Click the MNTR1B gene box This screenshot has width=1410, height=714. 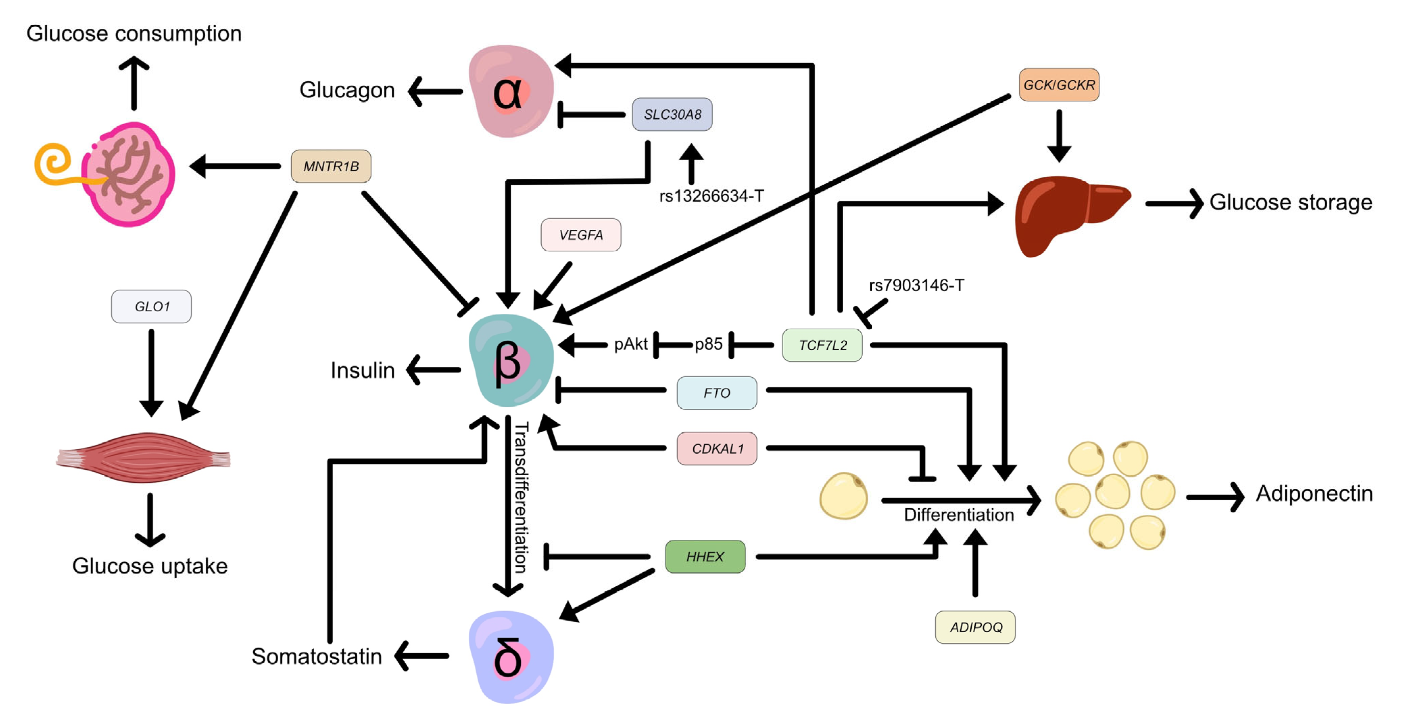click(x=331, y=166)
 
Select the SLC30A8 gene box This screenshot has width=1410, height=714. click(x=672, y=114)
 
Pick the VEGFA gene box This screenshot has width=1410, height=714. click(x=581, y=235)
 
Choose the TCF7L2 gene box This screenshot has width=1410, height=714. click(x=822, y=345)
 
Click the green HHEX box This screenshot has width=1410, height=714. click(x=705, y=556)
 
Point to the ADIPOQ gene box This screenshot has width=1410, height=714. click(x=975, y=627)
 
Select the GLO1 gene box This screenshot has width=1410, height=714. click(x=152, y=307)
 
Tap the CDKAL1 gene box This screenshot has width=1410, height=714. click(x=717, y=449)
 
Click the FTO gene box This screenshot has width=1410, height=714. click(x=717, y=392)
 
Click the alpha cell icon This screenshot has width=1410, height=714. click(x=511, y=91)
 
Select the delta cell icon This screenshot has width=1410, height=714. click(x=511, y=657)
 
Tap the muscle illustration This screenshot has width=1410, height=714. click(x=144, y=458)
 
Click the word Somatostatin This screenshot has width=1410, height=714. click(x=316, y=656)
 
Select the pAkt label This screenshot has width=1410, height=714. click(x=631, y=345)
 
